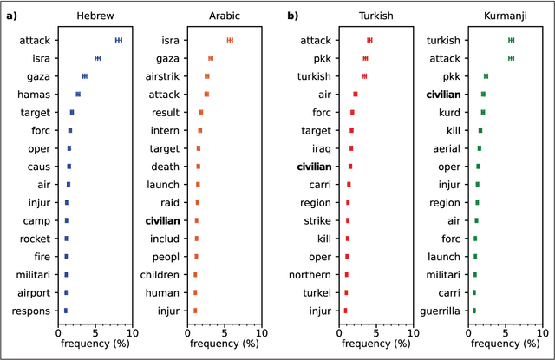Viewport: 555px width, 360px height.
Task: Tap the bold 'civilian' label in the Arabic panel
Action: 162,220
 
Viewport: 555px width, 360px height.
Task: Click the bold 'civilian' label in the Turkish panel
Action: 314,167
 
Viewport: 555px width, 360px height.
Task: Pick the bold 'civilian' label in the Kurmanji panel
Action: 443,94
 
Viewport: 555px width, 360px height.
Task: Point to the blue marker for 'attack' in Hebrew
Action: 119,40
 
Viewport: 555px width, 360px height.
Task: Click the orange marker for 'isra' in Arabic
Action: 229,40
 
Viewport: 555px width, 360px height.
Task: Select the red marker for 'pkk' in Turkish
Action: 365,58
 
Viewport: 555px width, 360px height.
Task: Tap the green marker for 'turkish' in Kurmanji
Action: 511,40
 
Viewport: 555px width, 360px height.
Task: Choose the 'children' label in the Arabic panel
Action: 160,274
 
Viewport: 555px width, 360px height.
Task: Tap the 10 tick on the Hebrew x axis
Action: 130,331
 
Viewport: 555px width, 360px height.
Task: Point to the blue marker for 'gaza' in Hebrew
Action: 84,76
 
